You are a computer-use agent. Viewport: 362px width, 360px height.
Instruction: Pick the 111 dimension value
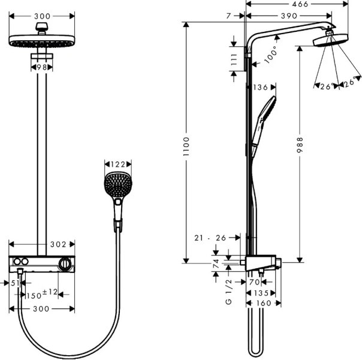pyautogui.click(x=234, y=59)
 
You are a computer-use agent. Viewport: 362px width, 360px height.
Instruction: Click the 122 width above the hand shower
pyautogui.click(x=117, y=163)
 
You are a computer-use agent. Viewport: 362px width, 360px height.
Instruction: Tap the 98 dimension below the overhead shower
pyautogui.click(x=41, y=67)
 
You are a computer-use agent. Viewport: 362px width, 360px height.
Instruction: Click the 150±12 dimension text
pyautogui.click(x=41, y=294)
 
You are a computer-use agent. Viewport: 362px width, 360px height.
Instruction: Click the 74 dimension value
pyautogui.click(x=216, y=262)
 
